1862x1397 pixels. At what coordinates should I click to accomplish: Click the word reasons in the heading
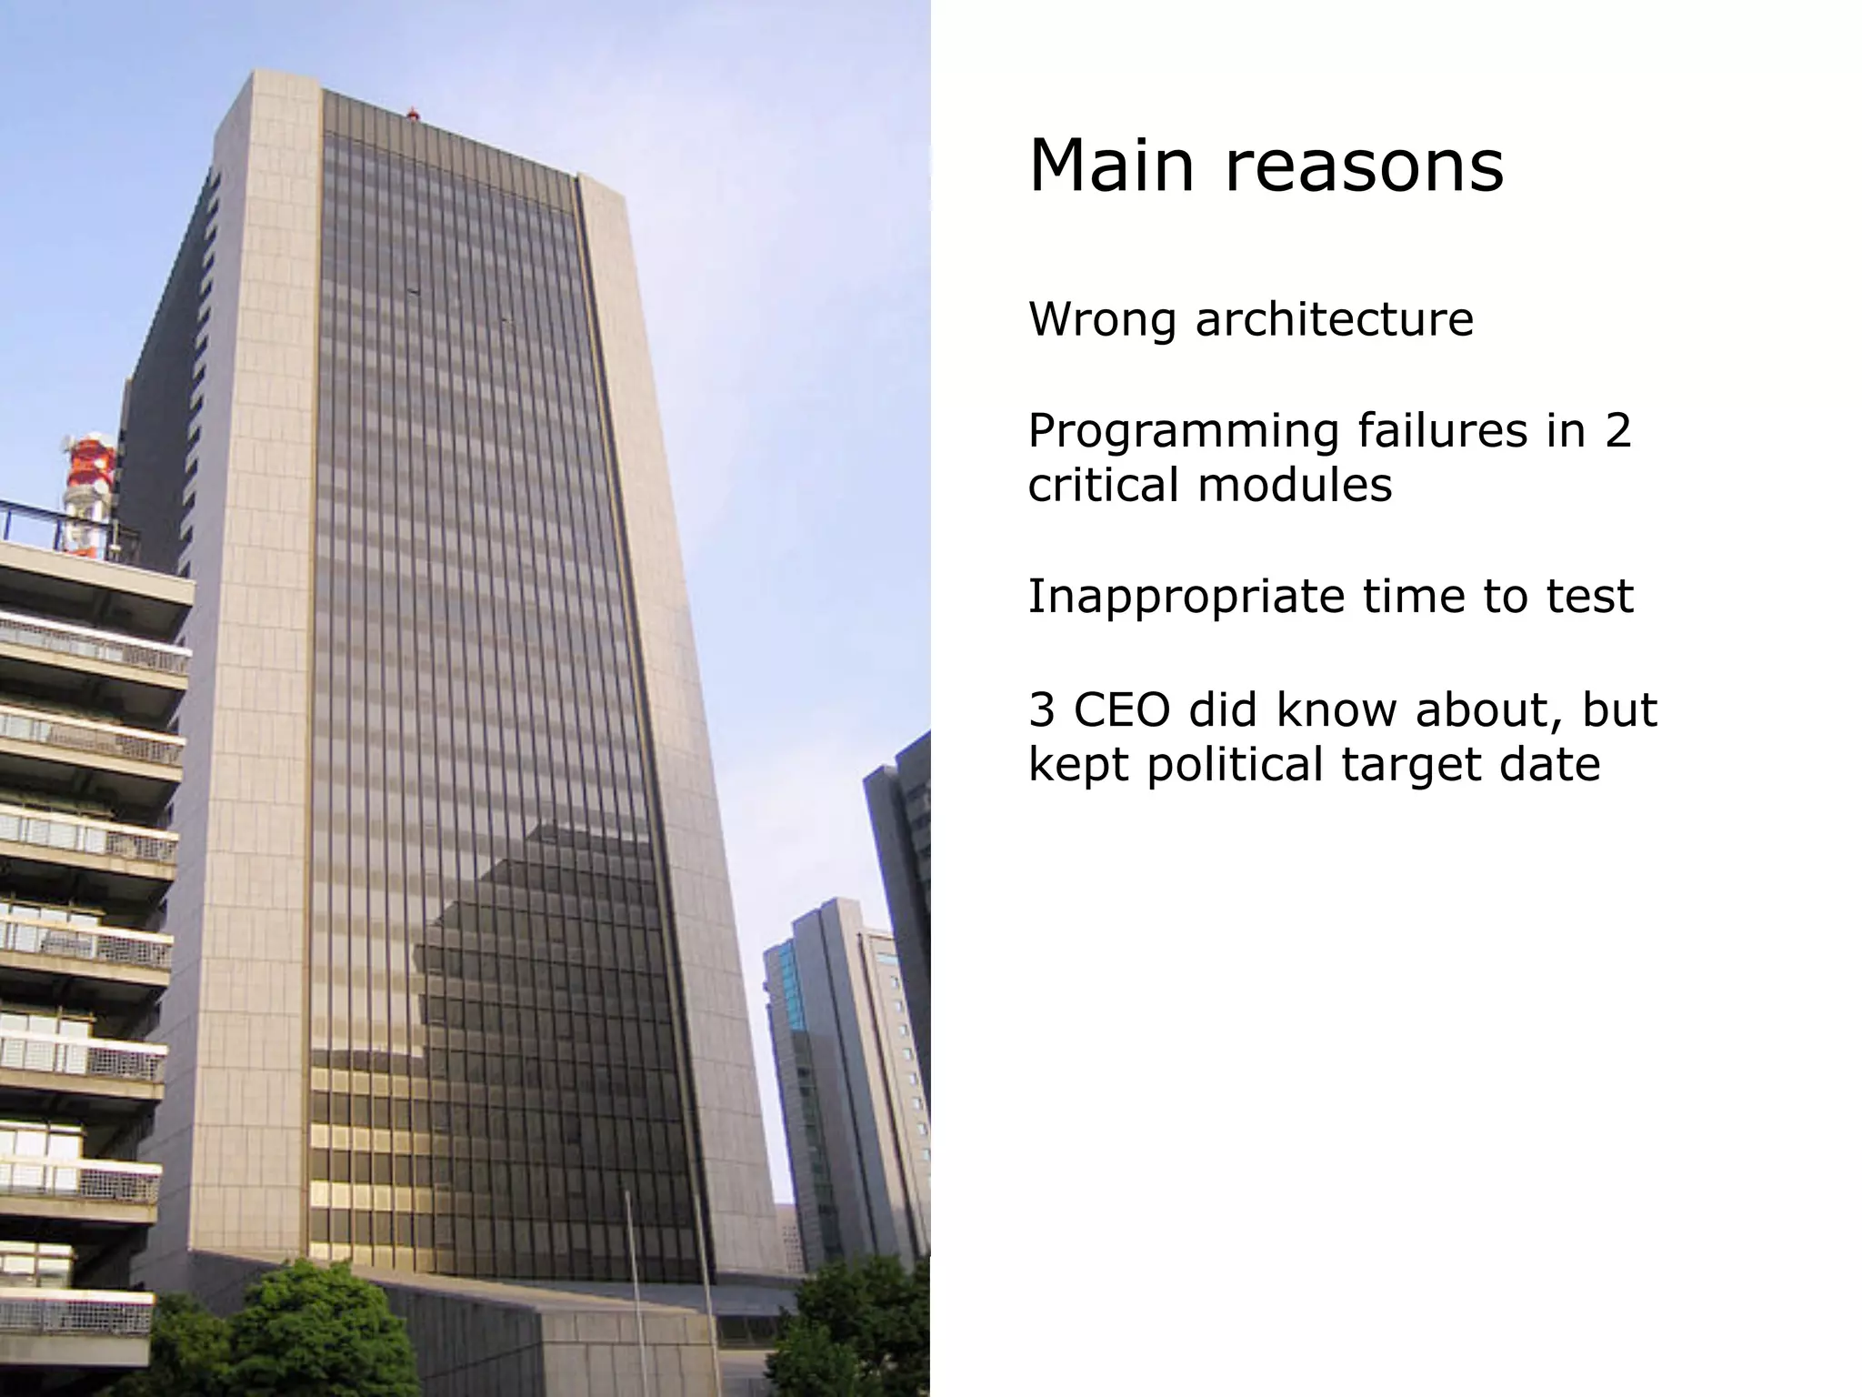(1364, 168)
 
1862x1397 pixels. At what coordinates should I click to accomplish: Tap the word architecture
(1334, 320)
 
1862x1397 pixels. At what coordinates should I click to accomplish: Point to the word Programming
(1183, 433)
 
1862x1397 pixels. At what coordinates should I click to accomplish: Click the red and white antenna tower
(88, 491)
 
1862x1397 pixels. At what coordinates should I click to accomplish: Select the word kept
(1079, 764)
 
